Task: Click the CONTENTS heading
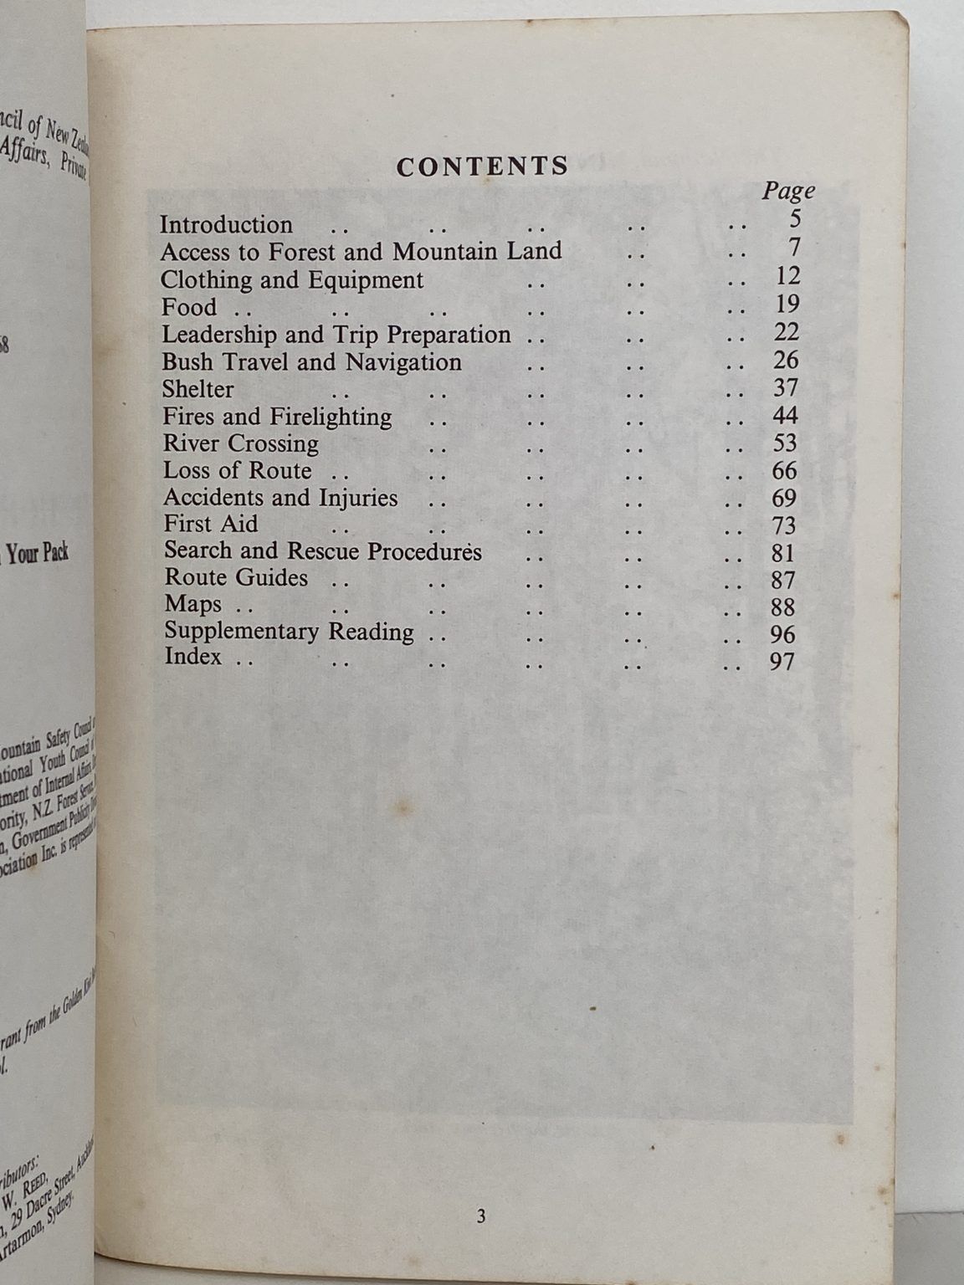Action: point(482,166)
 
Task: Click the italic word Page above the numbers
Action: point(787,192)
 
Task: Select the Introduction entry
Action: point(226,225)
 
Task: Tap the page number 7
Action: point(794,248)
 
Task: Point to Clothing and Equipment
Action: point(292,279)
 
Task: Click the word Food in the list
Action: point(189,307)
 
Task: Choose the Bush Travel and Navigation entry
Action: point(311,362)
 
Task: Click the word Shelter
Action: point(197,389)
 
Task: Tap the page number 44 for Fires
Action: point(785,415)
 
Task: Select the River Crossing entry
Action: point(241,443)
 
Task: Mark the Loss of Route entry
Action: point(238,470)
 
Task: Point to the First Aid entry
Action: point(211,525)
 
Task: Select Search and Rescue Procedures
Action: point(323,551)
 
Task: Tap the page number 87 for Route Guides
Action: point(783,580)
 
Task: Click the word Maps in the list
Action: point(193,604)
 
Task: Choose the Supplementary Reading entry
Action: point(289,632)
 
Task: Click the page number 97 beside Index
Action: point(782,662)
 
